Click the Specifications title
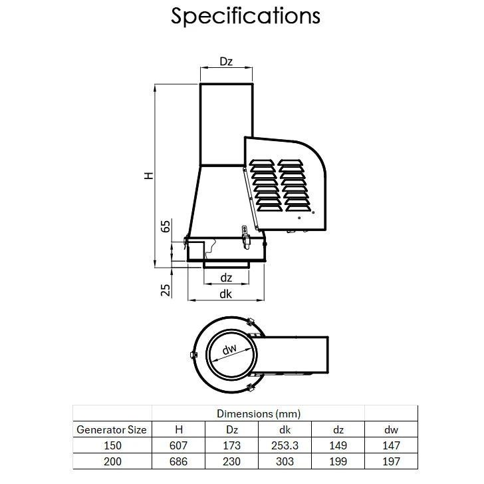tap(245, 17)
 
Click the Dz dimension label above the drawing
tap(226, 62)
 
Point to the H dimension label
tap(149, 175)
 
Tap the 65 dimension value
tap(166, 226)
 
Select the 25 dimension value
tap(166, 289)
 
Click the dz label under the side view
tap(226, 278)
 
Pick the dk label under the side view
tap(226, 293)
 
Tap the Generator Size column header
tap(112, 429)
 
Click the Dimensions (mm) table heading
tap(258, 413)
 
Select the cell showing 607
tap(178, 445)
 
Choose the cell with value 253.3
tap(285, 445)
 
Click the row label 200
tap(112, 461)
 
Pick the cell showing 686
tap(178, 461)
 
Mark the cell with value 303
tap(285, 461)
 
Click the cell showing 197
tap(391, 461)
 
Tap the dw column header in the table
tap(391, 429)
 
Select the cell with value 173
tap(231, 445)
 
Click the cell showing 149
tap(338, 445)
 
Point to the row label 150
tap(112, 445)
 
